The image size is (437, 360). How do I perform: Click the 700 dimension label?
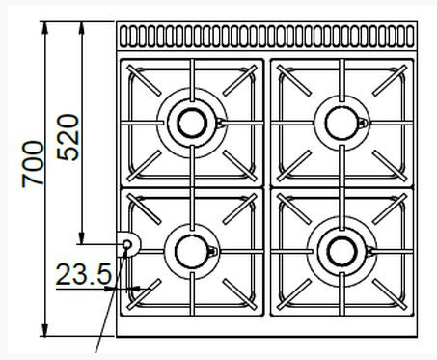pyautogui.click(x=33, y=164)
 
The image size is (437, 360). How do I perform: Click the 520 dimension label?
pyautogui.click(x=68, y=137)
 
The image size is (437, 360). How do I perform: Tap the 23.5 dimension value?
pyautogui.click(x=84, y=274)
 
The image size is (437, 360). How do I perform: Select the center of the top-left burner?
pyautogui.click(x=192, y=124)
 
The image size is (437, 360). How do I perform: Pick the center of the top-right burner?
pyautogui.click(x=341, y=124)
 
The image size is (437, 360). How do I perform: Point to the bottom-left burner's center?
pyautogui.click(x=192, y=252)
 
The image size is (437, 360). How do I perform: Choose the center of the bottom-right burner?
pyautogui.click(x=341, y=252)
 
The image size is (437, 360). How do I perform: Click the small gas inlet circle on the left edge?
pyautogui.click(x=127, y=244)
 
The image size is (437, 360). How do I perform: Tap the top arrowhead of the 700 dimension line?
pyautogui.click(x=45, y=28)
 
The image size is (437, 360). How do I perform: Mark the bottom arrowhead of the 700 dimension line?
pyautogui.click(x=45, y=330)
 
